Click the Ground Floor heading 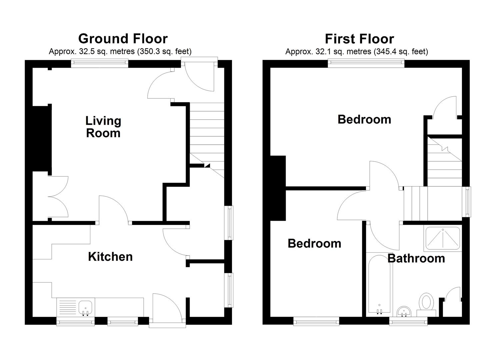pos(123,39)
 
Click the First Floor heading pos(359,39)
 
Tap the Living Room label pos(103,127)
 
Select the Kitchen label pos(110,256)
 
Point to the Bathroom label pos(416,258)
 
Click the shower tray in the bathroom pos(442,238)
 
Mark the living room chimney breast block pos(41,138)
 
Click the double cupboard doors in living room pos(58,197)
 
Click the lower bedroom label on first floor pos(314,243)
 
